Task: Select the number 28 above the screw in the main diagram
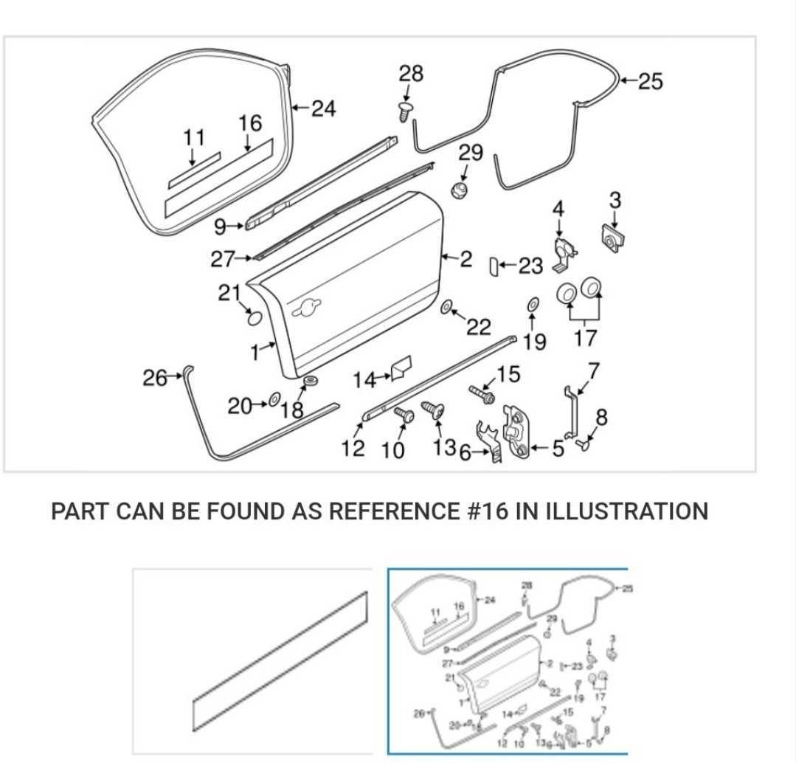(412, 75)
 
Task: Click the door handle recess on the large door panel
(308, 309)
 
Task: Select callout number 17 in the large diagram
(585, 339)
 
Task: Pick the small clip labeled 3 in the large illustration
(612, 238)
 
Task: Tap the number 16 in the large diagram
(250, 122)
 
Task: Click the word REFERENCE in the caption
(393, 511)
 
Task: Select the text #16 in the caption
(488, 511)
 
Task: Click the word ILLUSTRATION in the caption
(626, 511)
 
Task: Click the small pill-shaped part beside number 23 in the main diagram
(495, 266)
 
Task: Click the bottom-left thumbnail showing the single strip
(253, 660)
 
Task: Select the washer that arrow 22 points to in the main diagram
(447, 307)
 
